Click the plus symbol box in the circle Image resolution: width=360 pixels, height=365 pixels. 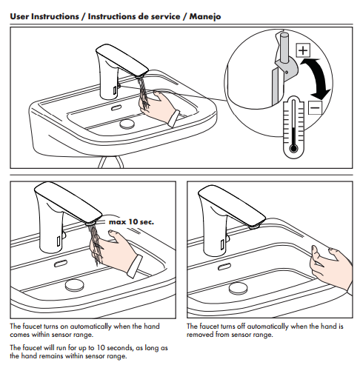(302, 51)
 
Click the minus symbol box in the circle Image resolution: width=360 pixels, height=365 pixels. (314, 110)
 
